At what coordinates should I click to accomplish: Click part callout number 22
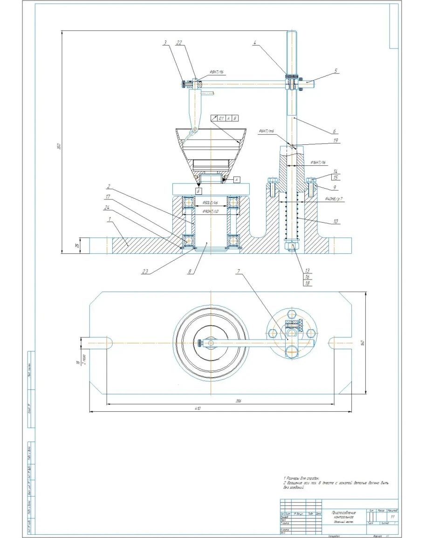pos(178,42)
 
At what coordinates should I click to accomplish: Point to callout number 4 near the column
pos(255,42)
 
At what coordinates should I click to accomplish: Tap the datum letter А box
pos(237,179)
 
